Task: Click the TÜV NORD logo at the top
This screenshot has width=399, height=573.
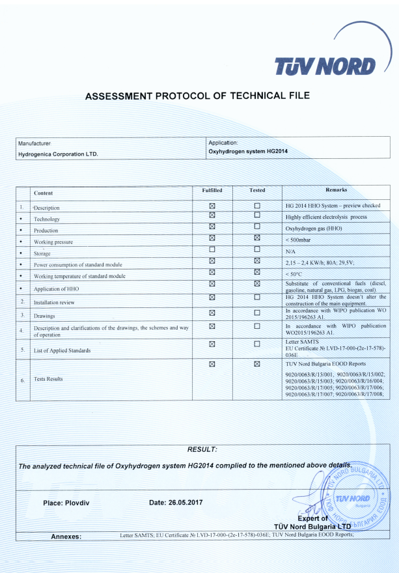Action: coord(325,66)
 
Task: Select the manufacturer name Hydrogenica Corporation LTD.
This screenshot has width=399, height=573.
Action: coord(58,154)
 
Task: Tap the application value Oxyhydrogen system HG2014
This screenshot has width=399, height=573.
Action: coord(247,151)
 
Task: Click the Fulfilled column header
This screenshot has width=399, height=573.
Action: coord(212,190)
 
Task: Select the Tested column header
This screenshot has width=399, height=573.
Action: coord(257,190)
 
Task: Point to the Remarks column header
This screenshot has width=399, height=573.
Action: coord(336,189)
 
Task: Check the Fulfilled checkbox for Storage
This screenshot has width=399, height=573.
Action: coord(212,249)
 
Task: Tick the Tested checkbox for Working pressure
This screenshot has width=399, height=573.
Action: coord(257,238)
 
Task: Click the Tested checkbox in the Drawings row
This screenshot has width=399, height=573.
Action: coord(257,313)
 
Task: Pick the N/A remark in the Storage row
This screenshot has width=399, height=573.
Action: coord(291,251)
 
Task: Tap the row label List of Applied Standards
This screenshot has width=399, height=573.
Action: coord(62,350)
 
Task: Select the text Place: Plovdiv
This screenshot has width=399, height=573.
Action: coord(71,503)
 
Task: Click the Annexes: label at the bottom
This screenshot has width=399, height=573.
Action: coord(66,537)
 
